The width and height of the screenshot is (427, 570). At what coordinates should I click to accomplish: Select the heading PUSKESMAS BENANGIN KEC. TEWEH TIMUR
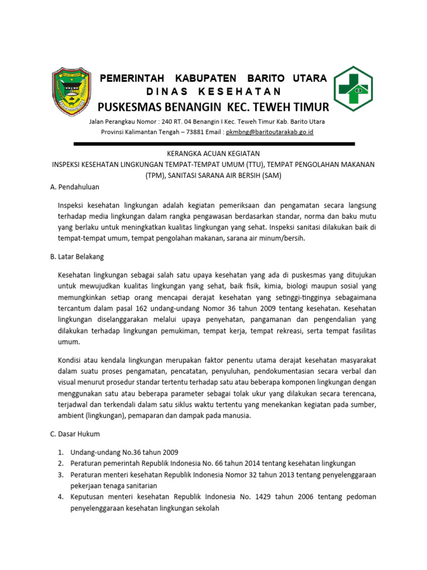point(213,107)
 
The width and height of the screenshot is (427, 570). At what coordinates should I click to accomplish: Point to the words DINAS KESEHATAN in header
point(213,91)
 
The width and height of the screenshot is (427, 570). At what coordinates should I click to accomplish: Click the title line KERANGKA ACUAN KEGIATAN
point(213,153)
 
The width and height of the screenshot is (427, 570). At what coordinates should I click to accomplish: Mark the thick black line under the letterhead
point(213,143)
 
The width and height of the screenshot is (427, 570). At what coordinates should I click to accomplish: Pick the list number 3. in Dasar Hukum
point(61,475)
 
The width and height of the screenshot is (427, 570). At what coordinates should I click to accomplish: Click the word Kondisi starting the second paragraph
point(70,360)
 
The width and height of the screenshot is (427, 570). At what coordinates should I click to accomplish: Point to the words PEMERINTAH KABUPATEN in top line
point(167,78)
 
